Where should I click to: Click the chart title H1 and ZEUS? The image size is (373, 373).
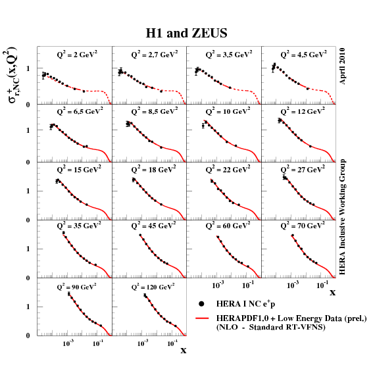point(186,32)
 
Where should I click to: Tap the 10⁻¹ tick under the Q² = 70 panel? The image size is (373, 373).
point(322,286)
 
